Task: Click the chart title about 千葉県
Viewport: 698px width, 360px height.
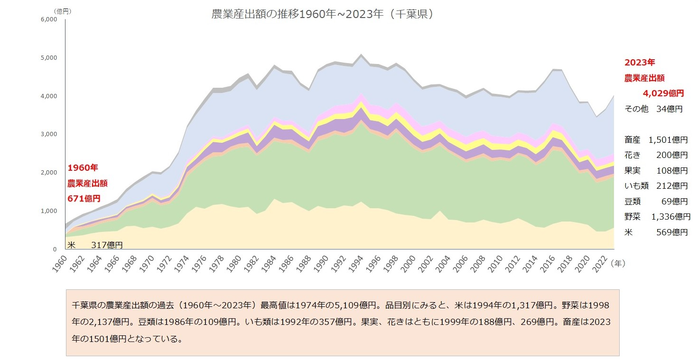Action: (x=323, y=14)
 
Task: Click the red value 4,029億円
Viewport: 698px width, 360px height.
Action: (x=663, y=93)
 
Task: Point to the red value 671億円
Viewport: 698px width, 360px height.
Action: (x=84, y=198)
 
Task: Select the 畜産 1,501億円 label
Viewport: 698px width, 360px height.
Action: (x=656, y=139)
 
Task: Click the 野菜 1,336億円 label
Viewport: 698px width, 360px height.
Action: (x=657, y=217)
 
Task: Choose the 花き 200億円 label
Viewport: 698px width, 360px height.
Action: (x=656, y=155)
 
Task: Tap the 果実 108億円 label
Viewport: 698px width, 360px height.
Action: (x=656, y=170)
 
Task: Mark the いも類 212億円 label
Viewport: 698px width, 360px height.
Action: (x=656, y=186)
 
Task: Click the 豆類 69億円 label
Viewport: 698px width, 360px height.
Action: (x=656, y=201)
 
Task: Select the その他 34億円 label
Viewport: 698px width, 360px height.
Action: (x=653, y=109)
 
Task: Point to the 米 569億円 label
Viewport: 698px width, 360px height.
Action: (x=656, y=232)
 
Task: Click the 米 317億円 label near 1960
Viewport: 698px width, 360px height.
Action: (x=95, y=245)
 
